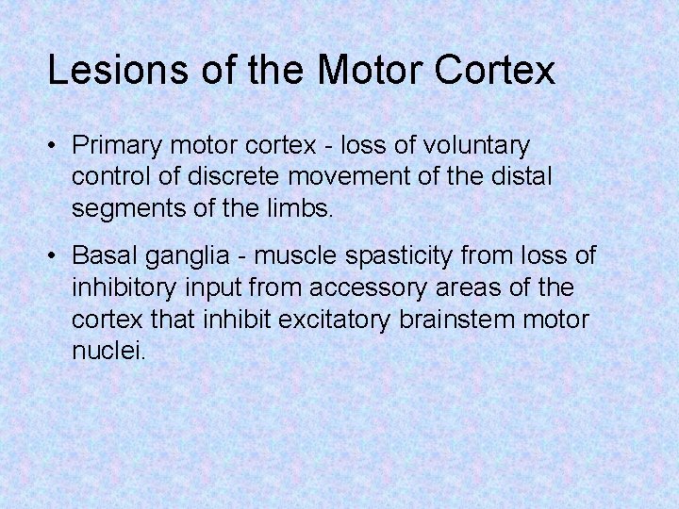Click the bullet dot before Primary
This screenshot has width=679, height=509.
(x=56, y=147)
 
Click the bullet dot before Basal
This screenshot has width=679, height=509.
(x=56, y=255)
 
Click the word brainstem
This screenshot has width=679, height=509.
(x=457, y=318)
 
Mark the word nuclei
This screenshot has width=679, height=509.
(x=108, y=351)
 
